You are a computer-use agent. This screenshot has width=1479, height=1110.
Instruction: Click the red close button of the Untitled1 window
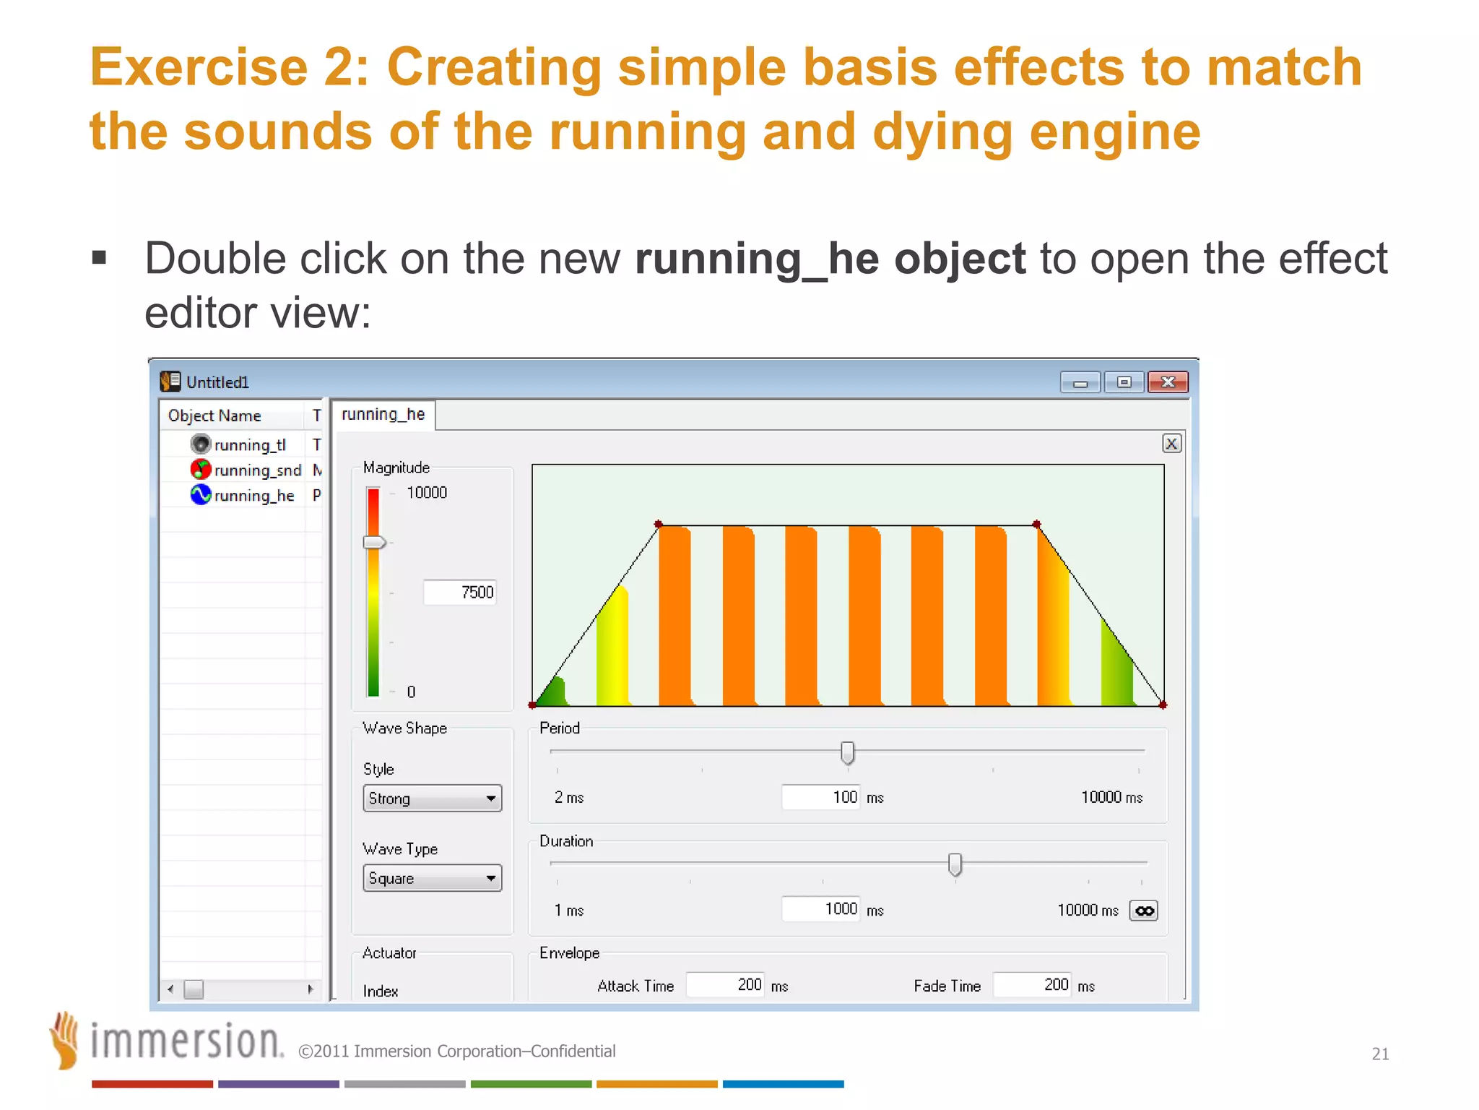coord(1167,382)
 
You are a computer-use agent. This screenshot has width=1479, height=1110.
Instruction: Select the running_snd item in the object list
coord(256,470)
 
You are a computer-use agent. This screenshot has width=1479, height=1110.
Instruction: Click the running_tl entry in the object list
coord(249,445)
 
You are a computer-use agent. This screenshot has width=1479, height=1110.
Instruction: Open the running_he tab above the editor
coord(383,415)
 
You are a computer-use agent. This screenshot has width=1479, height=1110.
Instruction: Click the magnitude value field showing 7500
coord(460,593)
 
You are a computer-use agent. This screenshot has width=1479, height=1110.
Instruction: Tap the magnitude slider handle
coord(374,543)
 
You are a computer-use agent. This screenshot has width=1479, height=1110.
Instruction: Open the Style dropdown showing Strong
coord(432,799)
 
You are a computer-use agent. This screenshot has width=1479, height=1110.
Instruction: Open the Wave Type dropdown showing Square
coord(432,879)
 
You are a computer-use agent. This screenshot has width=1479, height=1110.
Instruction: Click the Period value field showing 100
coord(821,797)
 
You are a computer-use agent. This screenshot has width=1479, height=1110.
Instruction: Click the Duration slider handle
coord(955,864)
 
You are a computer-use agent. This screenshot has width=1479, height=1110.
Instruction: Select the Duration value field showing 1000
coord(821,909)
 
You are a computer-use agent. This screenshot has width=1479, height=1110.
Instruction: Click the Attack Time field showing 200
coord(725,985)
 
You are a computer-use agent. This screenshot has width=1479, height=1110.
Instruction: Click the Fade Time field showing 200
coord(1031,985)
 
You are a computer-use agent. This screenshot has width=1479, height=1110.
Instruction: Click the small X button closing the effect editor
coord(1171,444)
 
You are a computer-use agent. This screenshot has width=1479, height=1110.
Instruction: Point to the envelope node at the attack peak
coord(658,524)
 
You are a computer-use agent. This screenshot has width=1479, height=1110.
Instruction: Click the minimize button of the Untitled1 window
coord(1080,382)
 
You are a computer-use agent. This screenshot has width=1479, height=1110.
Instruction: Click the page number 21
coord(1380,1054)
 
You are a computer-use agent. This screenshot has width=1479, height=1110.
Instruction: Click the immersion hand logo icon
coord(65,1041)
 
